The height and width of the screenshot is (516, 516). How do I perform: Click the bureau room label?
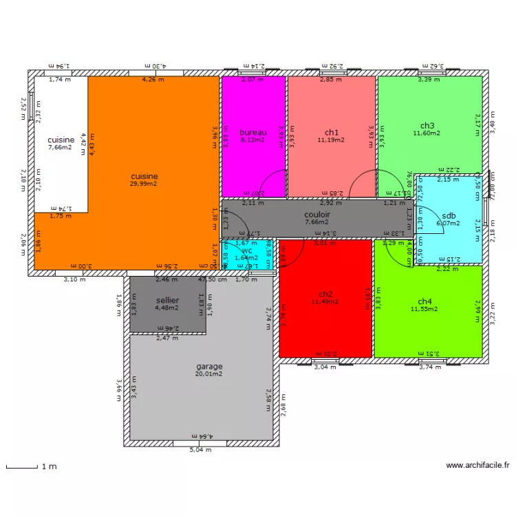[252, 132]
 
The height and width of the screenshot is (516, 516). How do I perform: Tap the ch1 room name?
[332, 132]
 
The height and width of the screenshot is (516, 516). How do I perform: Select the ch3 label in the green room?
[427, 125]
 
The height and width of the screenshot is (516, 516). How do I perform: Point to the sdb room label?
[449, 215]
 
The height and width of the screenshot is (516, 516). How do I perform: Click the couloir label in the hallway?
[317, 215]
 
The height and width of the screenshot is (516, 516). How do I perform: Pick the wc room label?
[246, 251]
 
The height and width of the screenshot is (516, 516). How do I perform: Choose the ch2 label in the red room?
[325, 294]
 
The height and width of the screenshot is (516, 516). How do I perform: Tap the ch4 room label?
[425, 301]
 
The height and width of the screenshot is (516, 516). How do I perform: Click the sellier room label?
[167, 301]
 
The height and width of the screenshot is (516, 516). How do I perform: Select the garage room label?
[208, 367]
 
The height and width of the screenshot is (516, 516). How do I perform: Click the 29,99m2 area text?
[144, 184]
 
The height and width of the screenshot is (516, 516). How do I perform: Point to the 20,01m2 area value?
[208, 374]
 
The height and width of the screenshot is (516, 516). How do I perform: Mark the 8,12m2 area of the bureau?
[252, 140]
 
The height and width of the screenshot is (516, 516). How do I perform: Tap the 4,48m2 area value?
[167, 308]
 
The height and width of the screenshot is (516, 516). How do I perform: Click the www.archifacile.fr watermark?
[477, 466]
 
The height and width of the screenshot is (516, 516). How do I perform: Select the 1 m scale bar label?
[49, 466]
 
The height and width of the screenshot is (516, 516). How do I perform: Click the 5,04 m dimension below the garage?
[202, 451]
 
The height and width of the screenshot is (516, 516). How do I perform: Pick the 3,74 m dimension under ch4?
[430, 367]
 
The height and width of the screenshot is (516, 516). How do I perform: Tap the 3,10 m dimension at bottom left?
[74, 279]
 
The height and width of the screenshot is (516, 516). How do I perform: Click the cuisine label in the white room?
[61, 140]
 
